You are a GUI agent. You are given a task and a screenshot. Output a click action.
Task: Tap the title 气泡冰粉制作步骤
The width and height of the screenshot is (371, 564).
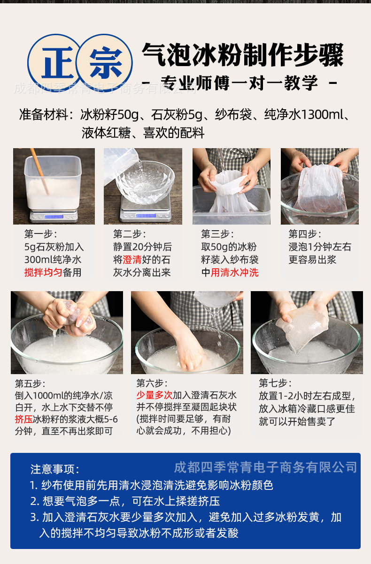[x=243, y=55]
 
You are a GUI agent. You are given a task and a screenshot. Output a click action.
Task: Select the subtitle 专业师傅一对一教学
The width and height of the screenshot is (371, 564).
[x=239, y=83]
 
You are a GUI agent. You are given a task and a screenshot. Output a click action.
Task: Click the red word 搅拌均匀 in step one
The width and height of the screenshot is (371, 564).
[x=43, y=272]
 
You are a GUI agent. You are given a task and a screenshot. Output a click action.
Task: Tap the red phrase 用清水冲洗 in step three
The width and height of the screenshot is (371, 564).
[x=234, y=272]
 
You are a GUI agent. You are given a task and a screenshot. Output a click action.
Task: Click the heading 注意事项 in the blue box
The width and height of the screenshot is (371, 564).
[x=55, y=469]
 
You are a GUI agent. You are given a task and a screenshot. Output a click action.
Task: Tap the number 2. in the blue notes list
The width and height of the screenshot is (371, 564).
[x=34, y=501]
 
